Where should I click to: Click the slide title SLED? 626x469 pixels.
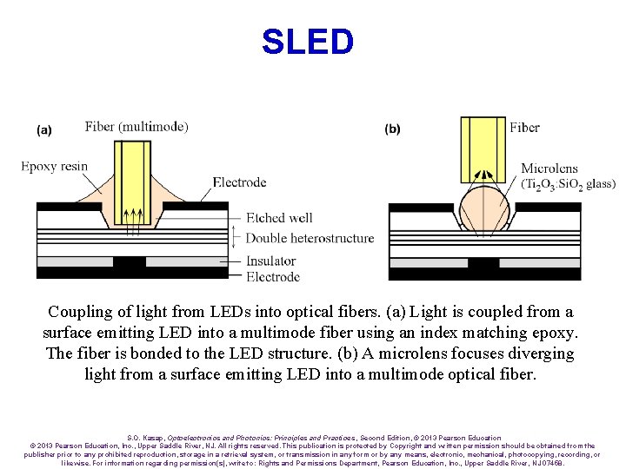[x=308, y=42]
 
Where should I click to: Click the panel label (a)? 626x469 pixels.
[x=44, y=130]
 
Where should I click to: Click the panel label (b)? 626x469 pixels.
[x=393, y=129]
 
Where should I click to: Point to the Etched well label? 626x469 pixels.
[x=279, y=218]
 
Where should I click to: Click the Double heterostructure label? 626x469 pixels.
[x=310, y=238]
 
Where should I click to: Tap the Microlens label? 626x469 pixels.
[x=550, y=168]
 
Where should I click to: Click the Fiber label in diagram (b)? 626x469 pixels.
[x=524, y=128]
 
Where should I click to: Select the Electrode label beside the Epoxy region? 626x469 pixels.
[x=239, y=182]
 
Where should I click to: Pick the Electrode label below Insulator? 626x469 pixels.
[x=273, y=277]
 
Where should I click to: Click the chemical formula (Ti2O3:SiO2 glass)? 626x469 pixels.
[x=568, y=184]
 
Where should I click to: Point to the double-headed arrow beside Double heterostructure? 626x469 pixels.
[x=235, y=237]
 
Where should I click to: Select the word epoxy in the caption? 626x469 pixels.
[x=552, y=333]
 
